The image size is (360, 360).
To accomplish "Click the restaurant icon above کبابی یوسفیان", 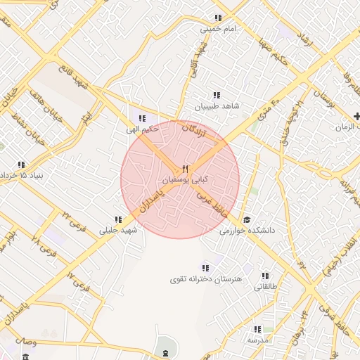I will [185, 169].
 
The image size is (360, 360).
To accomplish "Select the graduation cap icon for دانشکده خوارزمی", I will [246, 219].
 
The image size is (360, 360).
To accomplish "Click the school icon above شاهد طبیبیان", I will [217, 94].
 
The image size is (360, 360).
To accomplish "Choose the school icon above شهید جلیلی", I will [118, 219].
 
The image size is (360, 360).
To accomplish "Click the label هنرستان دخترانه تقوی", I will [205, 279].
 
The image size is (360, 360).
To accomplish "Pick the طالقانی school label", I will [265, 287].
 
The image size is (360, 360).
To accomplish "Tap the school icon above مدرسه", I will [257, 329].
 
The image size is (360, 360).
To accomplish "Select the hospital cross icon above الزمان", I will [357, 115].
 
